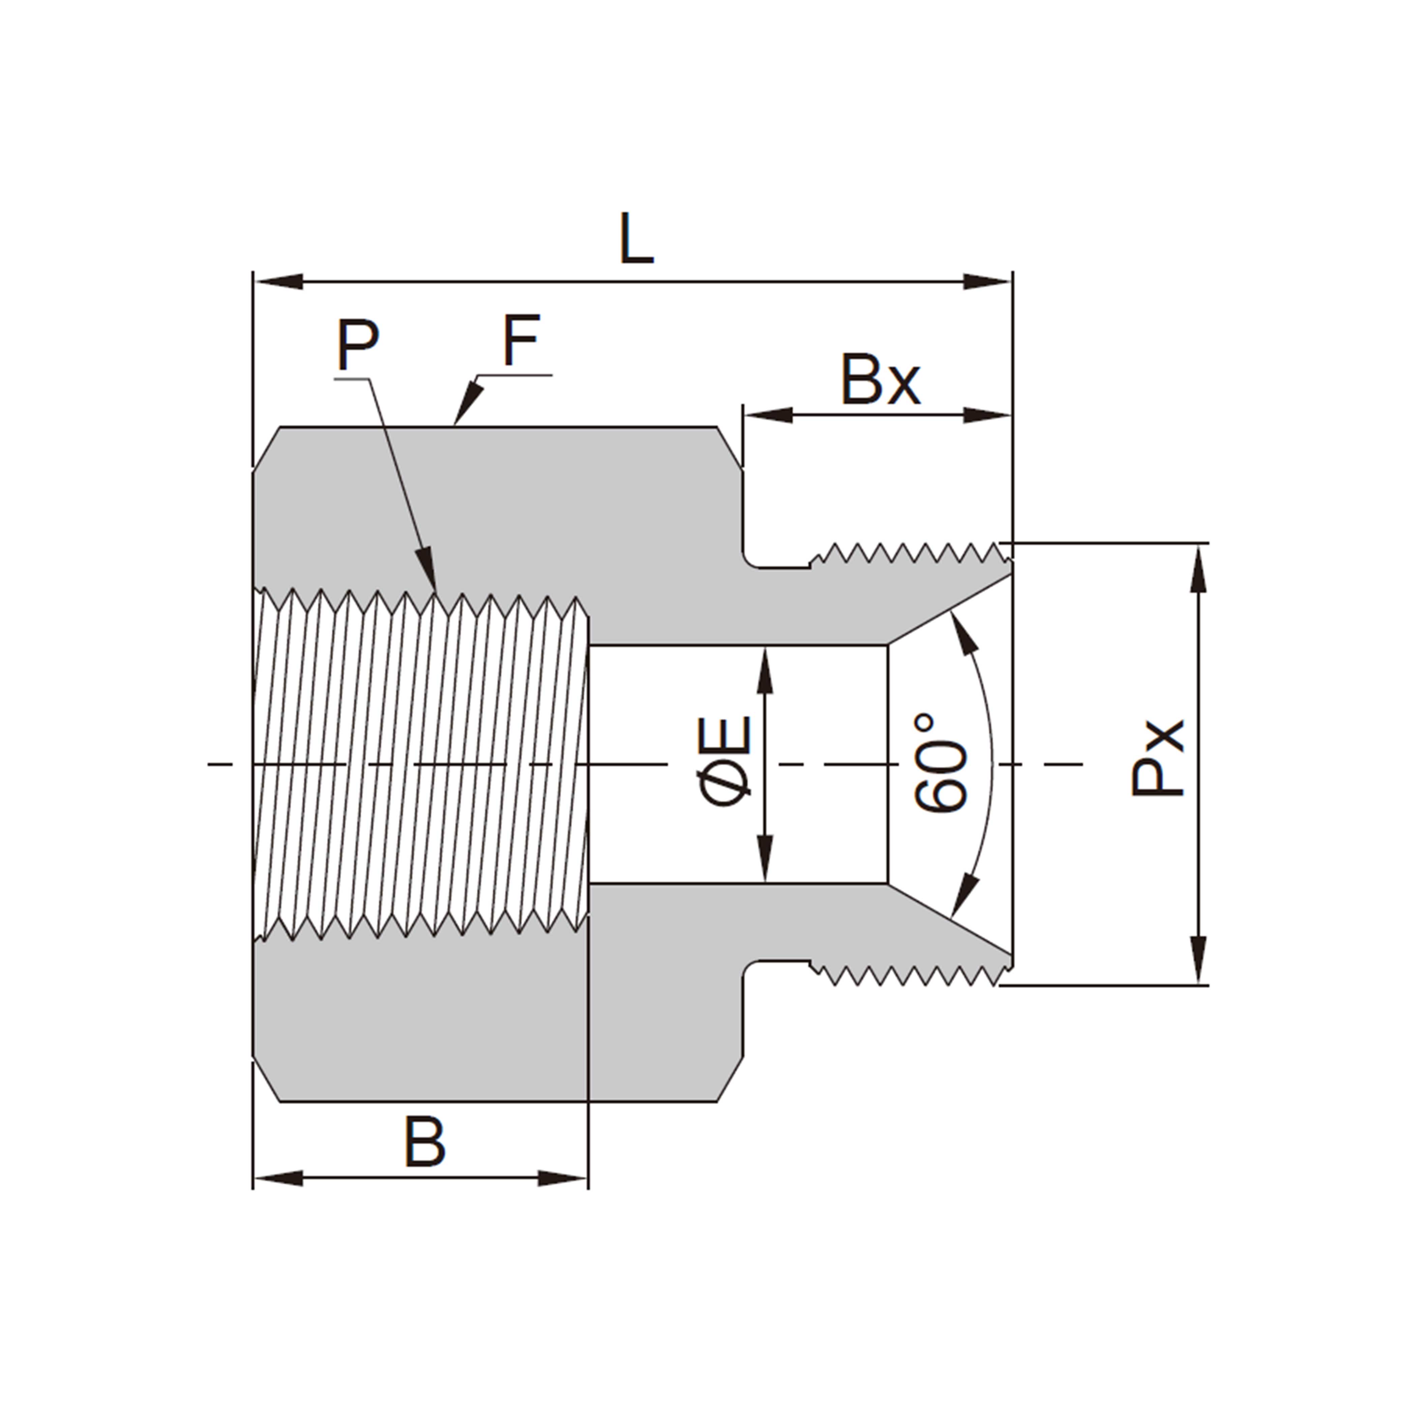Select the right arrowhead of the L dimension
(986, 282)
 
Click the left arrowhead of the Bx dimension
(768, 415)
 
